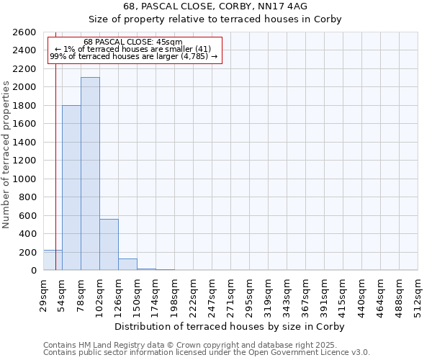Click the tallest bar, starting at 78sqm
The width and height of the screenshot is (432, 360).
coord(90,174)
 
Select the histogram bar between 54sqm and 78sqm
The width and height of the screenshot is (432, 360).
coord(71,187)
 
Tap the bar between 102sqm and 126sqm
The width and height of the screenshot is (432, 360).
coord(109,244)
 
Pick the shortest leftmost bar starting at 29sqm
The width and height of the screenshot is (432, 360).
coord(53,260)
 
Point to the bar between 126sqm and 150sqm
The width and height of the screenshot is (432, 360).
coord(127,264)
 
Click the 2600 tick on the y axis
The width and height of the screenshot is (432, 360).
coord(24,32)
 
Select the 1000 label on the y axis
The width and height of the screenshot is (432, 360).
coord(24,179)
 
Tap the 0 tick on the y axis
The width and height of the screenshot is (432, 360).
coord(33,271)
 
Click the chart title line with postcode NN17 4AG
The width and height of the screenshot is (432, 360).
coord(215,6)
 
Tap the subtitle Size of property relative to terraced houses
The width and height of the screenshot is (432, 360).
coord(215,19)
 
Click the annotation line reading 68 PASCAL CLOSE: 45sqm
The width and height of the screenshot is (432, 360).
coord(132,42)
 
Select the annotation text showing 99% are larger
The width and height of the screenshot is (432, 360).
coord(132,56)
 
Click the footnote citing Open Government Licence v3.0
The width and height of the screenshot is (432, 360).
coord(207,353)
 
